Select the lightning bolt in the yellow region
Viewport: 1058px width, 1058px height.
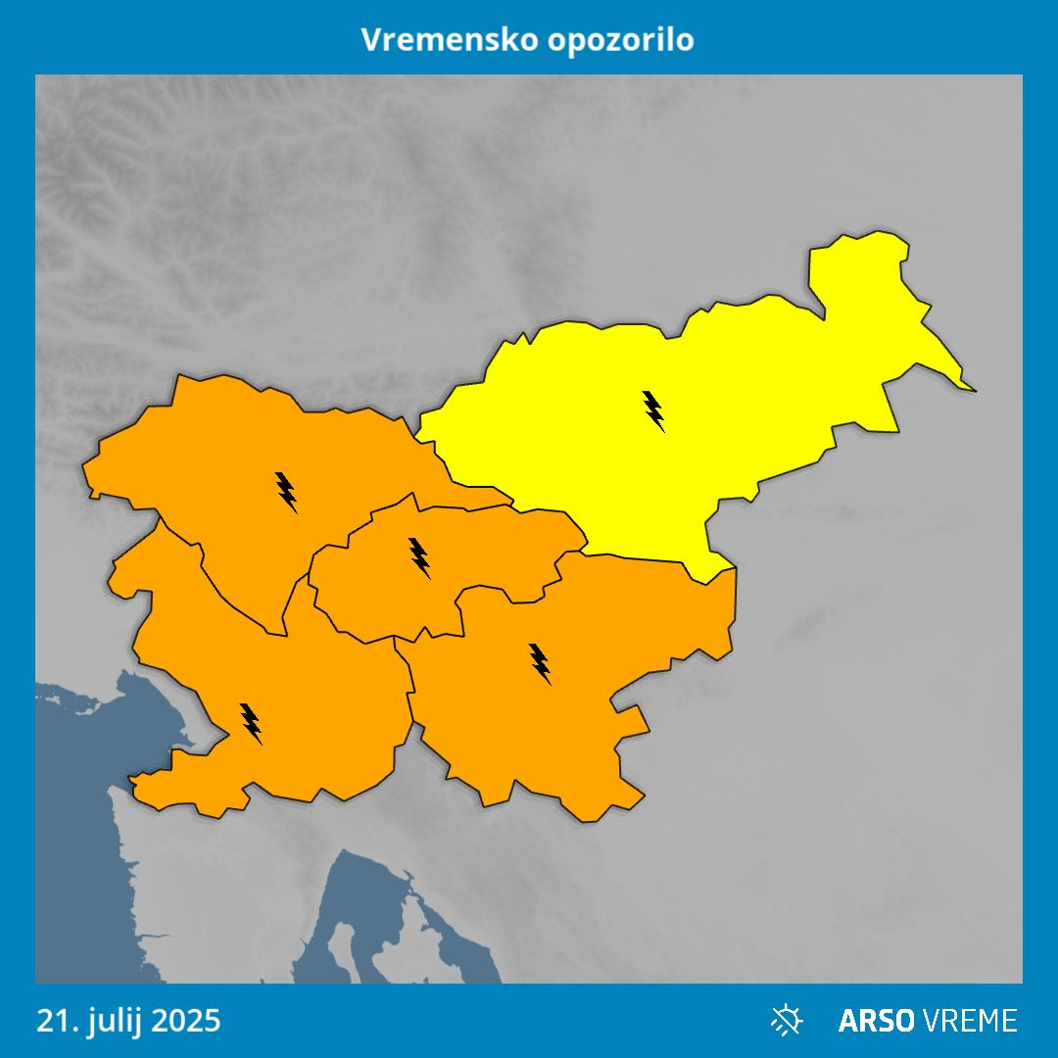click(653, 410)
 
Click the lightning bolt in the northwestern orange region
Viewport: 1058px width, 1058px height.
click(286, 491)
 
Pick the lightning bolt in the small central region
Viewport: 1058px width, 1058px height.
click(419, 556)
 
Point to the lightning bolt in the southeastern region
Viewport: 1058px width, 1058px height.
click(540, 663)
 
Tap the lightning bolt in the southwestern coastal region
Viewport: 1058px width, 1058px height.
click(251, 723)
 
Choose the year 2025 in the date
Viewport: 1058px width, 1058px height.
click(185, 1021)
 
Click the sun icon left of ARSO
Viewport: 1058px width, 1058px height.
click(786, 1021)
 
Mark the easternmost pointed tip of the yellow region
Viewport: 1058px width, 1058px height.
click(974, 390)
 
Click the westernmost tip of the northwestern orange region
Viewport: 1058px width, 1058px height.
click(84, 470)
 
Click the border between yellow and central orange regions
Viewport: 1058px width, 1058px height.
click(549, 512)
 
